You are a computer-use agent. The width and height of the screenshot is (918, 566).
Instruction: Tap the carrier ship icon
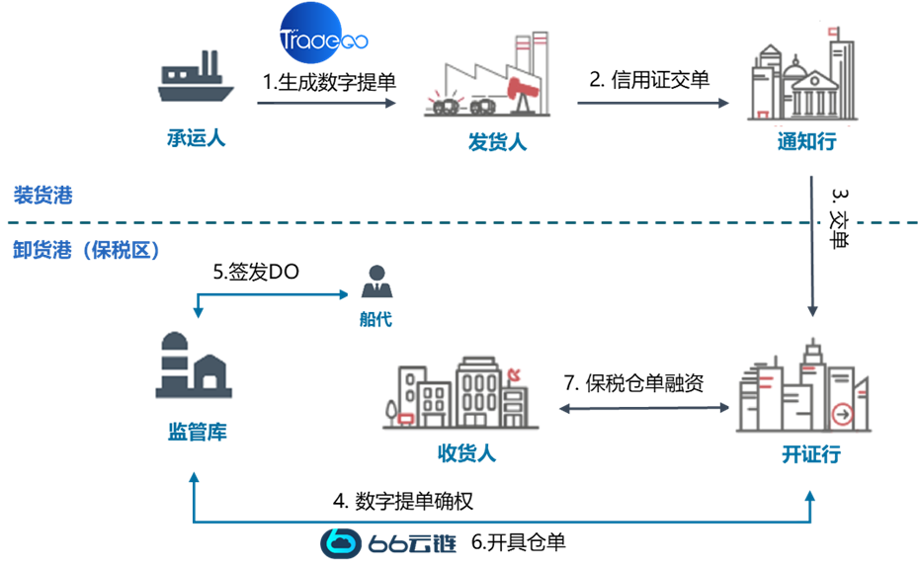tap(196, 80)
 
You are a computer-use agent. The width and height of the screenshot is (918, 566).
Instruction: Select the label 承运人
tap(196, 138)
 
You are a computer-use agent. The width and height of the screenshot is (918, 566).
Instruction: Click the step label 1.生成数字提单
tap(329, 83)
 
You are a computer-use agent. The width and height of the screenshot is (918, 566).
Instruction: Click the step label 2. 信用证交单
tap(649, 81)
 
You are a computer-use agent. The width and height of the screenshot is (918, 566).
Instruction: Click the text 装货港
tap(42, 196)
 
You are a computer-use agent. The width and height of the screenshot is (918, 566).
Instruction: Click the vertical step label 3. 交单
tap(839, 218)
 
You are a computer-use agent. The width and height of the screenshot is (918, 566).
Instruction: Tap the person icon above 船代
tap(375, 283)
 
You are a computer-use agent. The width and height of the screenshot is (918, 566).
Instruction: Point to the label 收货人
tap(466, 454)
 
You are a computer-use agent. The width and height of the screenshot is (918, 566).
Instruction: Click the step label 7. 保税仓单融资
tap(633, 383)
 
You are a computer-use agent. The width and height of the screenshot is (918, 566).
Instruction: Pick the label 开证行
tap(811, 454)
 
